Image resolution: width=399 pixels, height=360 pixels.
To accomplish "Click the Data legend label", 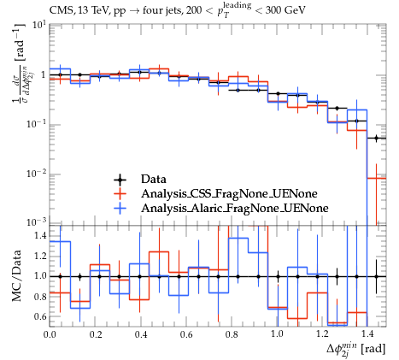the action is click(x=153, y=180).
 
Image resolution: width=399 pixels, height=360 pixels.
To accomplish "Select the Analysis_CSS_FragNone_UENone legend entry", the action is click(x=229, y=194).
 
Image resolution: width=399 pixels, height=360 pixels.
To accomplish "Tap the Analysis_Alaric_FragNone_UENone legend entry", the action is click(x=235, y=209).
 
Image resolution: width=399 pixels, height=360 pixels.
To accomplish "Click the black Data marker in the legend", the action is click(x=120, y=180).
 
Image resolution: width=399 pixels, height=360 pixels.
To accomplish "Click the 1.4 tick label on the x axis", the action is click(x=368, y=334).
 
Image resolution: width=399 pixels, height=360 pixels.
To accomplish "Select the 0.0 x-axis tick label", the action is click(x=50, y=334).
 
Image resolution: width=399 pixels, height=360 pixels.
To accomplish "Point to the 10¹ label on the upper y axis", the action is click(x=39, y=26).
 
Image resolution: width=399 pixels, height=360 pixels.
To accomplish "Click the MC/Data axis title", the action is click(x=16, y=275).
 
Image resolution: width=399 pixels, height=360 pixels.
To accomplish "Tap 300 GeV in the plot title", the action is click(x=285, y=10).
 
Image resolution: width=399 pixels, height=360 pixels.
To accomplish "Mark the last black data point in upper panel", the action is click(x=376, y=139).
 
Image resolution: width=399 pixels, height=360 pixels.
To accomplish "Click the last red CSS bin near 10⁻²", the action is click(x=376, y=179).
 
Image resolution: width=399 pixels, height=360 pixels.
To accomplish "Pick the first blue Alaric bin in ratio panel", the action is click(x=60, y=242).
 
